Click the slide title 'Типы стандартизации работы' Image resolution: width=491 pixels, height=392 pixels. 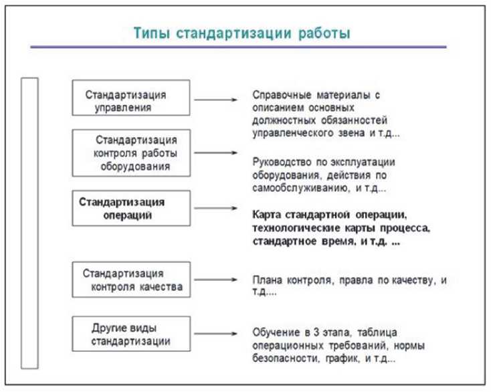pyautogui.click(x=241, y=33)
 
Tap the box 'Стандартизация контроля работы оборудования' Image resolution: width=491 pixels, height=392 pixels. pyautogui.click(x=131, y=153)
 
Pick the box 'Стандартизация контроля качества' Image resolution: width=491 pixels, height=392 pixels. pyautogui.click(x=131, y=280)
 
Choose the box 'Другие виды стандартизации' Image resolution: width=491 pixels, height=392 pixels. pyautogui.click(x=131, y=334)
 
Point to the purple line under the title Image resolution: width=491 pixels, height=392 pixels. pyautogui.click(x=238, y=47)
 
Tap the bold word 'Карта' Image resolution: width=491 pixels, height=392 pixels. pyautogui.click(x=267, y=214)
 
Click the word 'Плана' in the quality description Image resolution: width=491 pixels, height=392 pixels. pyautogui.click(x=267, y=280)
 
